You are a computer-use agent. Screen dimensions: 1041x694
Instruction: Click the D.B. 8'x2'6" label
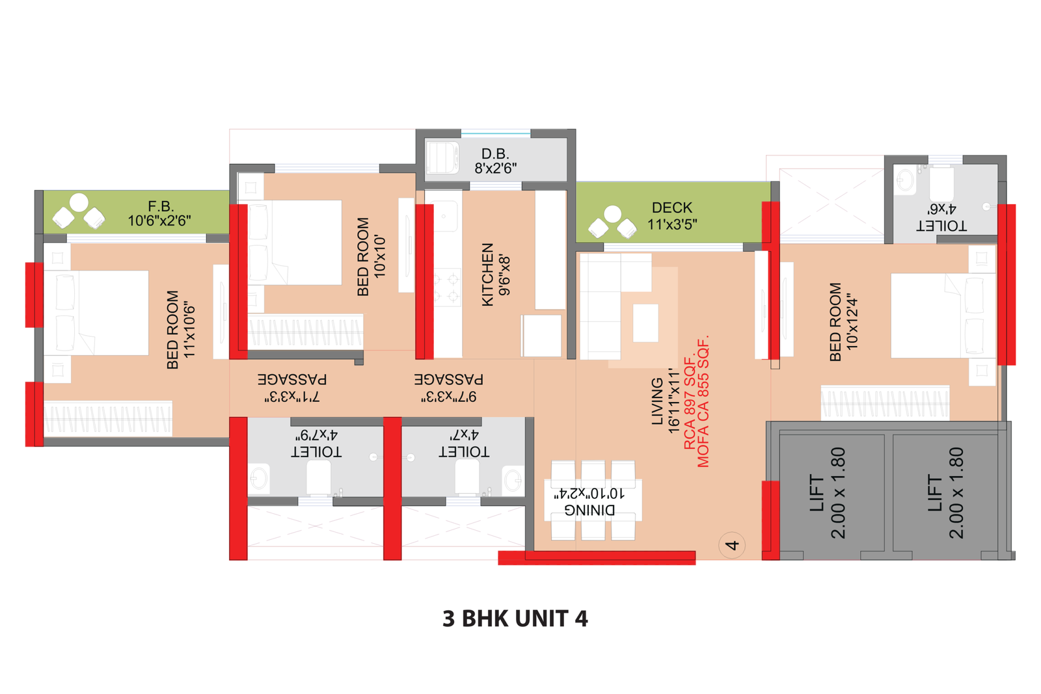tap(495, 161)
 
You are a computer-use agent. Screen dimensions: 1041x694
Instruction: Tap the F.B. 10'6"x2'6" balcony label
tap(159, 213)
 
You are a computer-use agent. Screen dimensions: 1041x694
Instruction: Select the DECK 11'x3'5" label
tap(672, 216)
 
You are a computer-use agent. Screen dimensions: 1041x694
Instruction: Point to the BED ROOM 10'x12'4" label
tap(843, 321)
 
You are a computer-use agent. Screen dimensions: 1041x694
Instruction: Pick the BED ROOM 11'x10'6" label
tap(180, 330)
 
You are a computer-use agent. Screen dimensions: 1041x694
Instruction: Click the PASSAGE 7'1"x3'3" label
tap(292, 388)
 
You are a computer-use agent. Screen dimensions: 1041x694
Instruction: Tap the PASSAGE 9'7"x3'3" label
tap(449, 388)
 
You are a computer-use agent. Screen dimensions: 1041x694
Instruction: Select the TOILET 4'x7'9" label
tap(316, 444)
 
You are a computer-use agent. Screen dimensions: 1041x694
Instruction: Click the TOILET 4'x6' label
tap(941, 217)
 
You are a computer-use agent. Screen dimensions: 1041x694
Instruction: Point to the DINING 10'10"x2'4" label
tap(589, 502)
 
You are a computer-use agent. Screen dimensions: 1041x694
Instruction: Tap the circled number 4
tap(732, 545)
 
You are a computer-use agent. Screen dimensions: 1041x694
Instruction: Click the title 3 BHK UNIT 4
tap(515, 619)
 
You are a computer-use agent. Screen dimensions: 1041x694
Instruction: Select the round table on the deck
tap(612, 214)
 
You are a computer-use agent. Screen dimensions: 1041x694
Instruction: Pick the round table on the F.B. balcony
tap(79, 202)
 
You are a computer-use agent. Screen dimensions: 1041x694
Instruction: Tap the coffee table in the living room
tap(645, 323)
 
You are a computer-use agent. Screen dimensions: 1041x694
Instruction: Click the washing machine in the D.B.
tap(442, 157)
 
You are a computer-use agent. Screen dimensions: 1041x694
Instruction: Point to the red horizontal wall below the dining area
tap(597, 558)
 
